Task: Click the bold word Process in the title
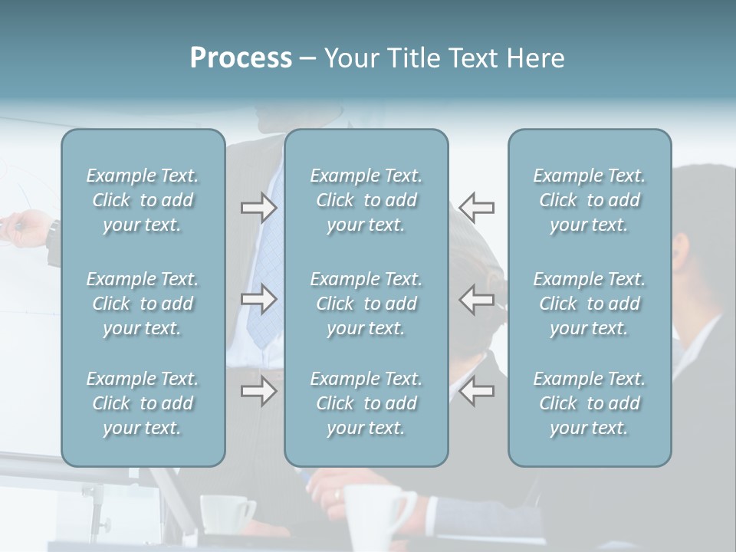tap(241, 58)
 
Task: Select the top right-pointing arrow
tap(258, 208)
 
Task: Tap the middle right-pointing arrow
tap(258, 299)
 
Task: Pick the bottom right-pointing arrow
tap(258, 392)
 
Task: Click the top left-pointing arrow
tap(477, 208)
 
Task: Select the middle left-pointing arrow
tap(477, 299)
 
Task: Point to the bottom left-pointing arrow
tap(477, 392)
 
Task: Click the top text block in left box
tap(143, 200)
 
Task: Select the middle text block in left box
tap(143, 304)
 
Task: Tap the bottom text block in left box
tap(143, 403)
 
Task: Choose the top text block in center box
tap(366, 200)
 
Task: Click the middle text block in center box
tap(366, 304)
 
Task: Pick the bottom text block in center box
tap(366, 403)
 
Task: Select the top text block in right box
tap(589, 200)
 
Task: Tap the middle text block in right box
tap(589, 304)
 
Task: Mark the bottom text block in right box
tap(589, 403)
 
